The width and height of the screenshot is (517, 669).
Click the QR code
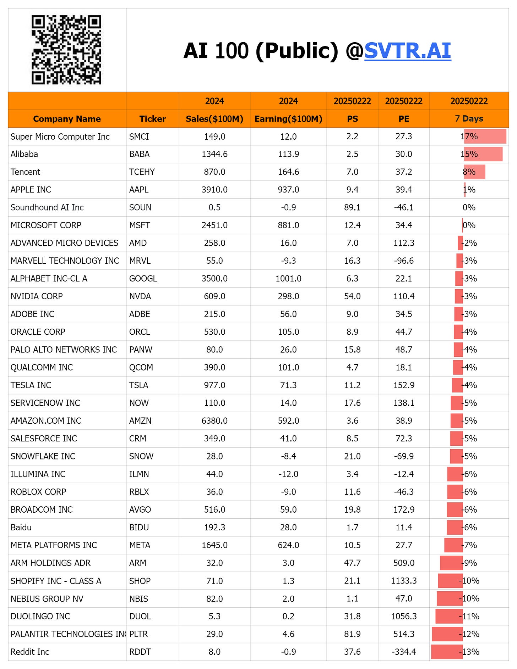[66, 50]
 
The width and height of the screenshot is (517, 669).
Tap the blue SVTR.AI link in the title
[408, 50]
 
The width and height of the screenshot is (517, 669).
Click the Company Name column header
[67, 119]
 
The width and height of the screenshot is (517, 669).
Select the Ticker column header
[152, 119]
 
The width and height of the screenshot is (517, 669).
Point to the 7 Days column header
[469, 118]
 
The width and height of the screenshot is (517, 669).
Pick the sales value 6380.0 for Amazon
[214, 421]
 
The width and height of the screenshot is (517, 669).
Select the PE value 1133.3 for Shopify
[404, 581]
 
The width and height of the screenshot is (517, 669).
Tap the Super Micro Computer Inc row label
[60, 136]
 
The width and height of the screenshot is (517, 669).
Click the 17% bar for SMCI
[485, 136]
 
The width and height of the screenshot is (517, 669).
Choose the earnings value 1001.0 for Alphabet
[288, 279]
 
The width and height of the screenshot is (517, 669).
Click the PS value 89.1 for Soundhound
[352, 207]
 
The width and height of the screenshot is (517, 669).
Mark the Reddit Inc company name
[30, 652]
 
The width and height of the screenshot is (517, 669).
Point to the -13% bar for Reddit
[447, 652]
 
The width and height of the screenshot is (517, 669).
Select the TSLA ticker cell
[139, 385]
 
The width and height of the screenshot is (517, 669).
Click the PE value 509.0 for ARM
[404, 563]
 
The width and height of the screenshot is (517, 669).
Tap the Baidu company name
[21, 527]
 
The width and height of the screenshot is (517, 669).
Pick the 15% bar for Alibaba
[483, 154]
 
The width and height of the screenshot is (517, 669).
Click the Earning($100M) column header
[288, 119]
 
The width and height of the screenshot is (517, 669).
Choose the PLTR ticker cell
[139, 634]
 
